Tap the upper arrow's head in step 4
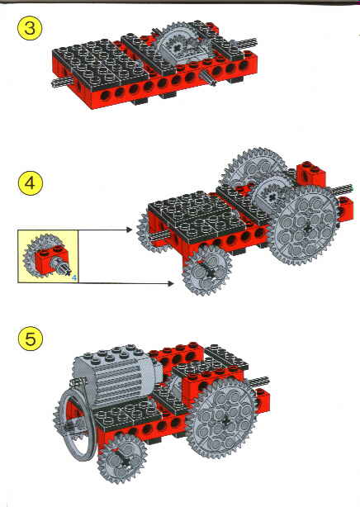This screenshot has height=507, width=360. click(131, 227)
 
